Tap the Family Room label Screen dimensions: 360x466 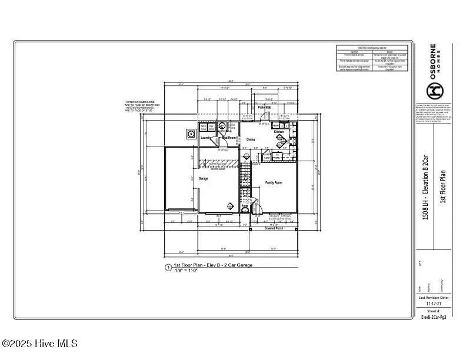[x=274, y=183]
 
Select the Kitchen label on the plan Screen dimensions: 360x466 [x=279, y=132]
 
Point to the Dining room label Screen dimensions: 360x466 [x=251, y=139]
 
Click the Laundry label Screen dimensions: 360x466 [x=206, y=138]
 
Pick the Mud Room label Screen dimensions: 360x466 [x=229, y=138]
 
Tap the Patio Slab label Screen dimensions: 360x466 [x=264, y=108]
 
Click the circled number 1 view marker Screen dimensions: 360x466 [x=168, y=268]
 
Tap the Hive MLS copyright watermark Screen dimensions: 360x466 [x=39, y=344]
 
